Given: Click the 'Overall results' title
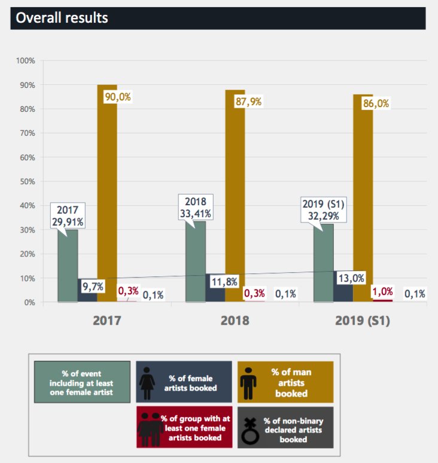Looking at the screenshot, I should click(x=62, y=17).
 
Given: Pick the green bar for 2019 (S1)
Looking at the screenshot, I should click(x=324, y=263).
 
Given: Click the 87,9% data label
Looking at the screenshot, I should click(x=248, y=102).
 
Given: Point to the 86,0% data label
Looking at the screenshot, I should click(x=376, y=103).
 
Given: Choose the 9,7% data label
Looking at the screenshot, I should click(x=93, y=287).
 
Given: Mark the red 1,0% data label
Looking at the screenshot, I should click(x=382, y=292).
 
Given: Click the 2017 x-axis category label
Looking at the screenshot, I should click(x=107, y=320).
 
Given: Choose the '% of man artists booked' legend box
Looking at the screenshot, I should click(x=283, y=382).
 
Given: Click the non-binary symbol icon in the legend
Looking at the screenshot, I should click(x=253, y=427).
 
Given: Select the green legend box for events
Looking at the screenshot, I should click(x=82, y=382).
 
